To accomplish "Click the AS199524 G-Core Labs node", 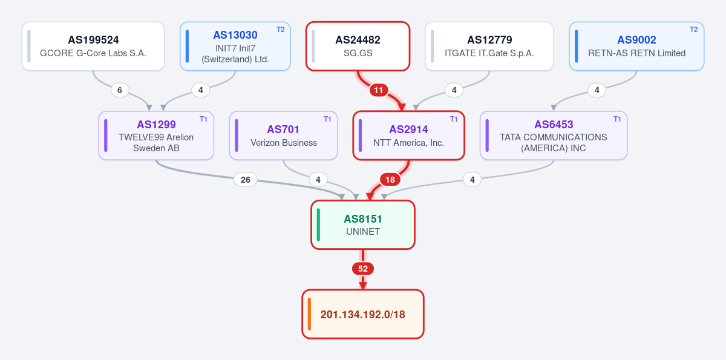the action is [93, 46].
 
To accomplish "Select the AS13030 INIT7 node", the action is [235, 46].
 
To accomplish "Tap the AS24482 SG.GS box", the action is [358, 46].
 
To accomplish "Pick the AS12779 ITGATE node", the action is [489, 46].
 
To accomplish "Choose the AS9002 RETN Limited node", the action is [636, 46].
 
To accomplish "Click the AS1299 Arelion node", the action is [156, 136].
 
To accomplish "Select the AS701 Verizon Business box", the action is [284, 136].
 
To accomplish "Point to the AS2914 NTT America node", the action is [409, 136].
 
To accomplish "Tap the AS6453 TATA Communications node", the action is [554, 136].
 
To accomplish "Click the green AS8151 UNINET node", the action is [363, 225].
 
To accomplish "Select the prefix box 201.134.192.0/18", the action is [363, 314].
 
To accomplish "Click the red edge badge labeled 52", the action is [363, 269].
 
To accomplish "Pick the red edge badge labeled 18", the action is [390, 180].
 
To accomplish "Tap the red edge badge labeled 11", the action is [379, 90].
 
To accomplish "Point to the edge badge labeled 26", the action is [246, 180].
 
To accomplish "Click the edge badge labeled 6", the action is [120, 90].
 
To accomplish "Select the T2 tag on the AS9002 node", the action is [693, 30].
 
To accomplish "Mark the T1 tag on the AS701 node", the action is [327, 119].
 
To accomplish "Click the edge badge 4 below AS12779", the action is [454, 90].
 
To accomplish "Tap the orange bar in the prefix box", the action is [310, 314].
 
